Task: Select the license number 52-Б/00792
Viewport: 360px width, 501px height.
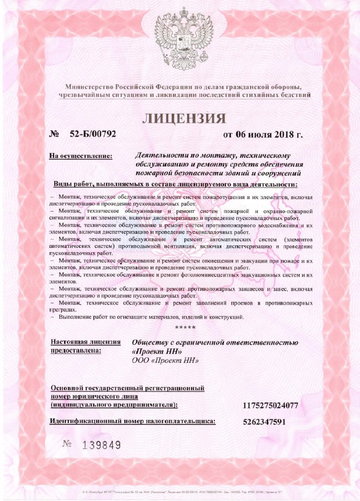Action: click(x=93, y=135)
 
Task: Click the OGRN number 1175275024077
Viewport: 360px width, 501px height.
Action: click(x=270, y=406)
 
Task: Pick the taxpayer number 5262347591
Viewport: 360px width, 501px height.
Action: click(x=264, y=422)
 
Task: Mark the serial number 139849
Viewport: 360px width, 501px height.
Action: click(x=102, y=445)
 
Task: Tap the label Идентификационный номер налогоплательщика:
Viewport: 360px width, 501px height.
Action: click(x=133, y=421)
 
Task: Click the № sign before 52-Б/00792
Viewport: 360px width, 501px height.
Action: click(x=54, y=135)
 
